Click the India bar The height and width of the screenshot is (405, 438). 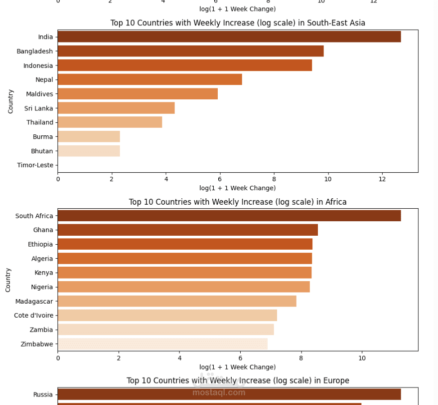(229, 36)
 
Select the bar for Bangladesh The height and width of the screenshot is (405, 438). (190, 51)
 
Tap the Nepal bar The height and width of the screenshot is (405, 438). (149, 79)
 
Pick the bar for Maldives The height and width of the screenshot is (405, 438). (138, 94)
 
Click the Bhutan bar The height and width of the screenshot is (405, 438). (89, 151)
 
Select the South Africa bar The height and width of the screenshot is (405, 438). (229, 216)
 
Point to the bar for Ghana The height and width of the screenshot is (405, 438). (187, 230)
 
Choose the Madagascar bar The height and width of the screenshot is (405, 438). (177, 301)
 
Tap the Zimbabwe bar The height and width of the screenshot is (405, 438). (162, 344)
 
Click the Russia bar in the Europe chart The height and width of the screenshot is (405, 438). (229, 395)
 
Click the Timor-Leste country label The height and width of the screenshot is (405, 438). (35, 165)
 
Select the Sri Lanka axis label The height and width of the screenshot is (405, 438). (38, 108)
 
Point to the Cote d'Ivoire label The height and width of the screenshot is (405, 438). (33, 316)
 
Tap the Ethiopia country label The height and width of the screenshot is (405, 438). (40, 244)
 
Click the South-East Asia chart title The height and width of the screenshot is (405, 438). (238, 23)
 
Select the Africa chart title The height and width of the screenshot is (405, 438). (238, 202)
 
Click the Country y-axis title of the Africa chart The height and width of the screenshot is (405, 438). (8, 280)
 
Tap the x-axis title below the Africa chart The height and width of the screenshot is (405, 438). (238, 367)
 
